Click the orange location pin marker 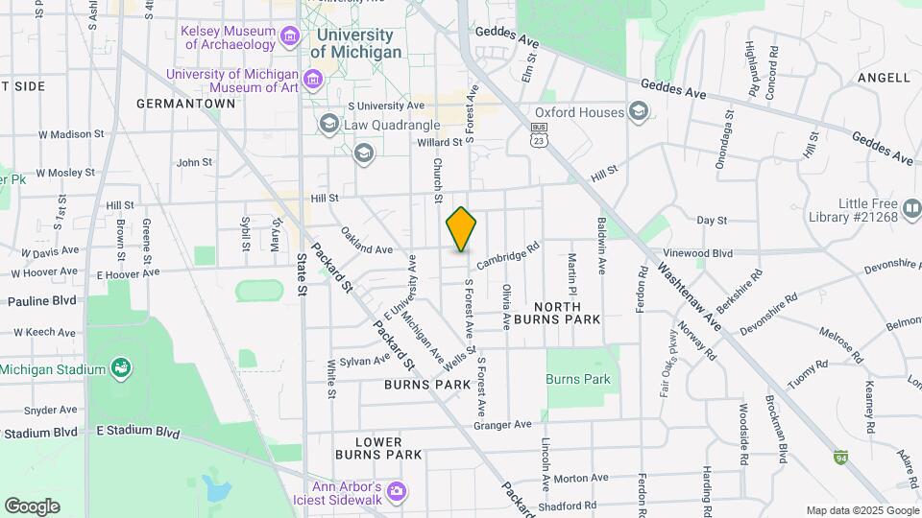click(461, 229)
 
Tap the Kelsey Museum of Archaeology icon click(289, 35)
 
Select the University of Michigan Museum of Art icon click(312, 78)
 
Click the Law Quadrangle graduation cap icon click(329, 124)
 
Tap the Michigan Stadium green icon click(121, 367)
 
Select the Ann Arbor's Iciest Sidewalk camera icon click(396, 493)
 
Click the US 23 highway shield click(541, 133)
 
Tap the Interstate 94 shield click(841, 457)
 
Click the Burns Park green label click(578, 379)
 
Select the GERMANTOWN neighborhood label click(186, 103)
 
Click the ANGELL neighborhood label click(883, 78)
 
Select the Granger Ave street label click(502, 424)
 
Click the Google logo click(32, 506)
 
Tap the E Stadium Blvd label click(138, 433)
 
